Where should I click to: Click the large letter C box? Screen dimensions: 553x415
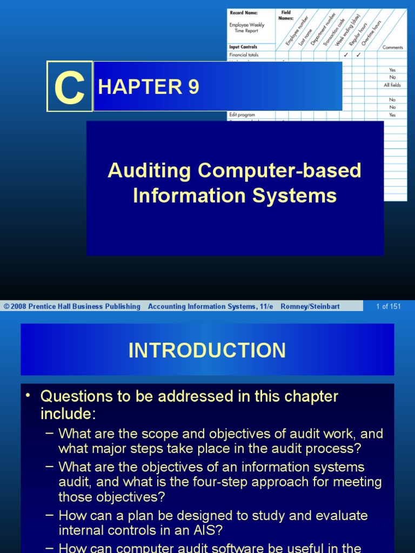pos(69,86)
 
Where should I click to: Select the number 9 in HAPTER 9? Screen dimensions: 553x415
pos(193,87)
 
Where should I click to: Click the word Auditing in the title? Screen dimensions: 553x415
pos(150,171)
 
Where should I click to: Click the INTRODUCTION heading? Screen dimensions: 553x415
pos(207,350)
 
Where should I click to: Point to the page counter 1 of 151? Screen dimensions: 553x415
pos(389,306)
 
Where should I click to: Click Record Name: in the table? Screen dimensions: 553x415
pos(244,13)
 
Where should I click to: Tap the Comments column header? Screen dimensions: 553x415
pos(393,48)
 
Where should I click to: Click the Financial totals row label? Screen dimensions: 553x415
pos(244,55)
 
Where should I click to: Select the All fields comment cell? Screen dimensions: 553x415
pos(392,85)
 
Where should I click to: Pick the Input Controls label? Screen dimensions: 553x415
pos(243,47)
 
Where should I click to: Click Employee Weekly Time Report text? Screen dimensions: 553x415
pos(246,28)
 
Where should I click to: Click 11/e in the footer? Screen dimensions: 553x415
pos(265,306)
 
